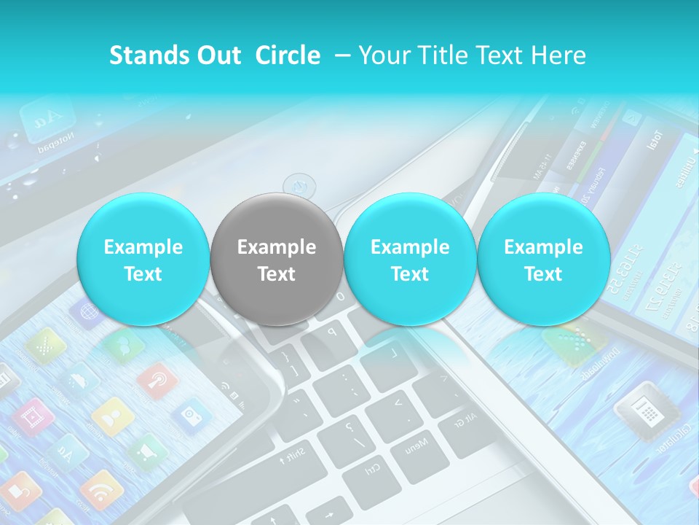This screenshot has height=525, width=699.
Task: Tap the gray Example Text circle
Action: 276,260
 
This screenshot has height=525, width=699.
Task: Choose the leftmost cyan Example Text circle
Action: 143,260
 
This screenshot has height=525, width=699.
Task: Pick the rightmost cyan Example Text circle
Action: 543,260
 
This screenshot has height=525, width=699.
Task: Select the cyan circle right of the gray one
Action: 410,260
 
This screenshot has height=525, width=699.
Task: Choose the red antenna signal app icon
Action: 157,380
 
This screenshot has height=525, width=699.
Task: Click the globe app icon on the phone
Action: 87,312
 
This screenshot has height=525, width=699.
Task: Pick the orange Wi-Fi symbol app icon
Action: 100,489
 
